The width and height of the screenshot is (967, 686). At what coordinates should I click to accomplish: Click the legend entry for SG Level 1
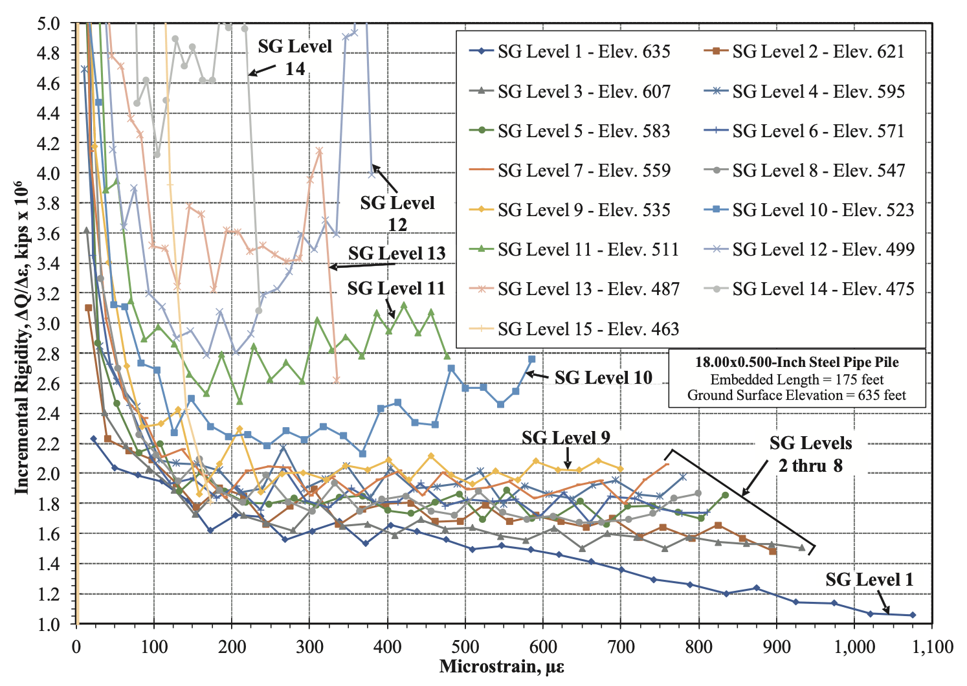[583, 52]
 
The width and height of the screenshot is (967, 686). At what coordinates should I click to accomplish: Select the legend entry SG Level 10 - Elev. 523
[823, 210]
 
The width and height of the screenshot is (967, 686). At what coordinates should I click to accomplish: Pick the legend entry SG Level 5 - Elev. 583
[583, 131]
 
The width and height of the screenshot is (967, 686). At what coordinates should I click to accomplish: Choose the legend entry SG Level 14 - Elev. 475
[823, 289]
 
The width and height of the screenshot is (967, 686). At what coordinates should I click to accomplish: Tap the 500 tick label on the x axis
[465, 647]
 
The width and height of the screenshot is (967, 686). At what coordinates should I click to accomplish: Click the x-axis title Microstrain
[502, 667]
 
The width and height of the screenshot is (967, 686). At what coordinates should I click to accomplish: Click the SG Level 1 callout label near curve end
[869, 580]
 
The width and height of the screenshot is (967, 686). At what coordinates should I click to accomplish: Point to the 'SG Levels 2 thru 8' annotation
[810, 454]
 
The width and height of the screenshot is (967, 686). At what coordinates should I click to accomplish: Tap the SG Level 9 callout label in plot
[566, 438]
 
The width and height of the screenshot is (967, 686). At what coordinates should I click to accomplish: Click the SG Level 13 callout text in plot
[397, 253]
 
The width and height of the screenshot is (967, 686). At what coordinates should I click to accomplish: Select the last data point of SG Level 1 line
[913, 615]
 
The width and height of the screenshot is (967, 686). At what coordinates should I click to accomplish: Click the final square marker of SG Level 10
[532, 359]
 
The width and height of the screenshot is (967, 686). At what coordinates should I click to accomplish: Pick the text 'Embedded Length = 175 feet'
[797, 379]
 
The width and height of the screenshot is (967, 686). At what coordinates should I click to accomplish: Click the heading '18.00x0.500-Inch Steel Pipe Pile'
[797, 362]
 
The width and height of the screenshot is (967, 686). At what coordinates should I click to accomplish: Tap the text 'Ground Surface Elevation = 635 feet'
[797, 395]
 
